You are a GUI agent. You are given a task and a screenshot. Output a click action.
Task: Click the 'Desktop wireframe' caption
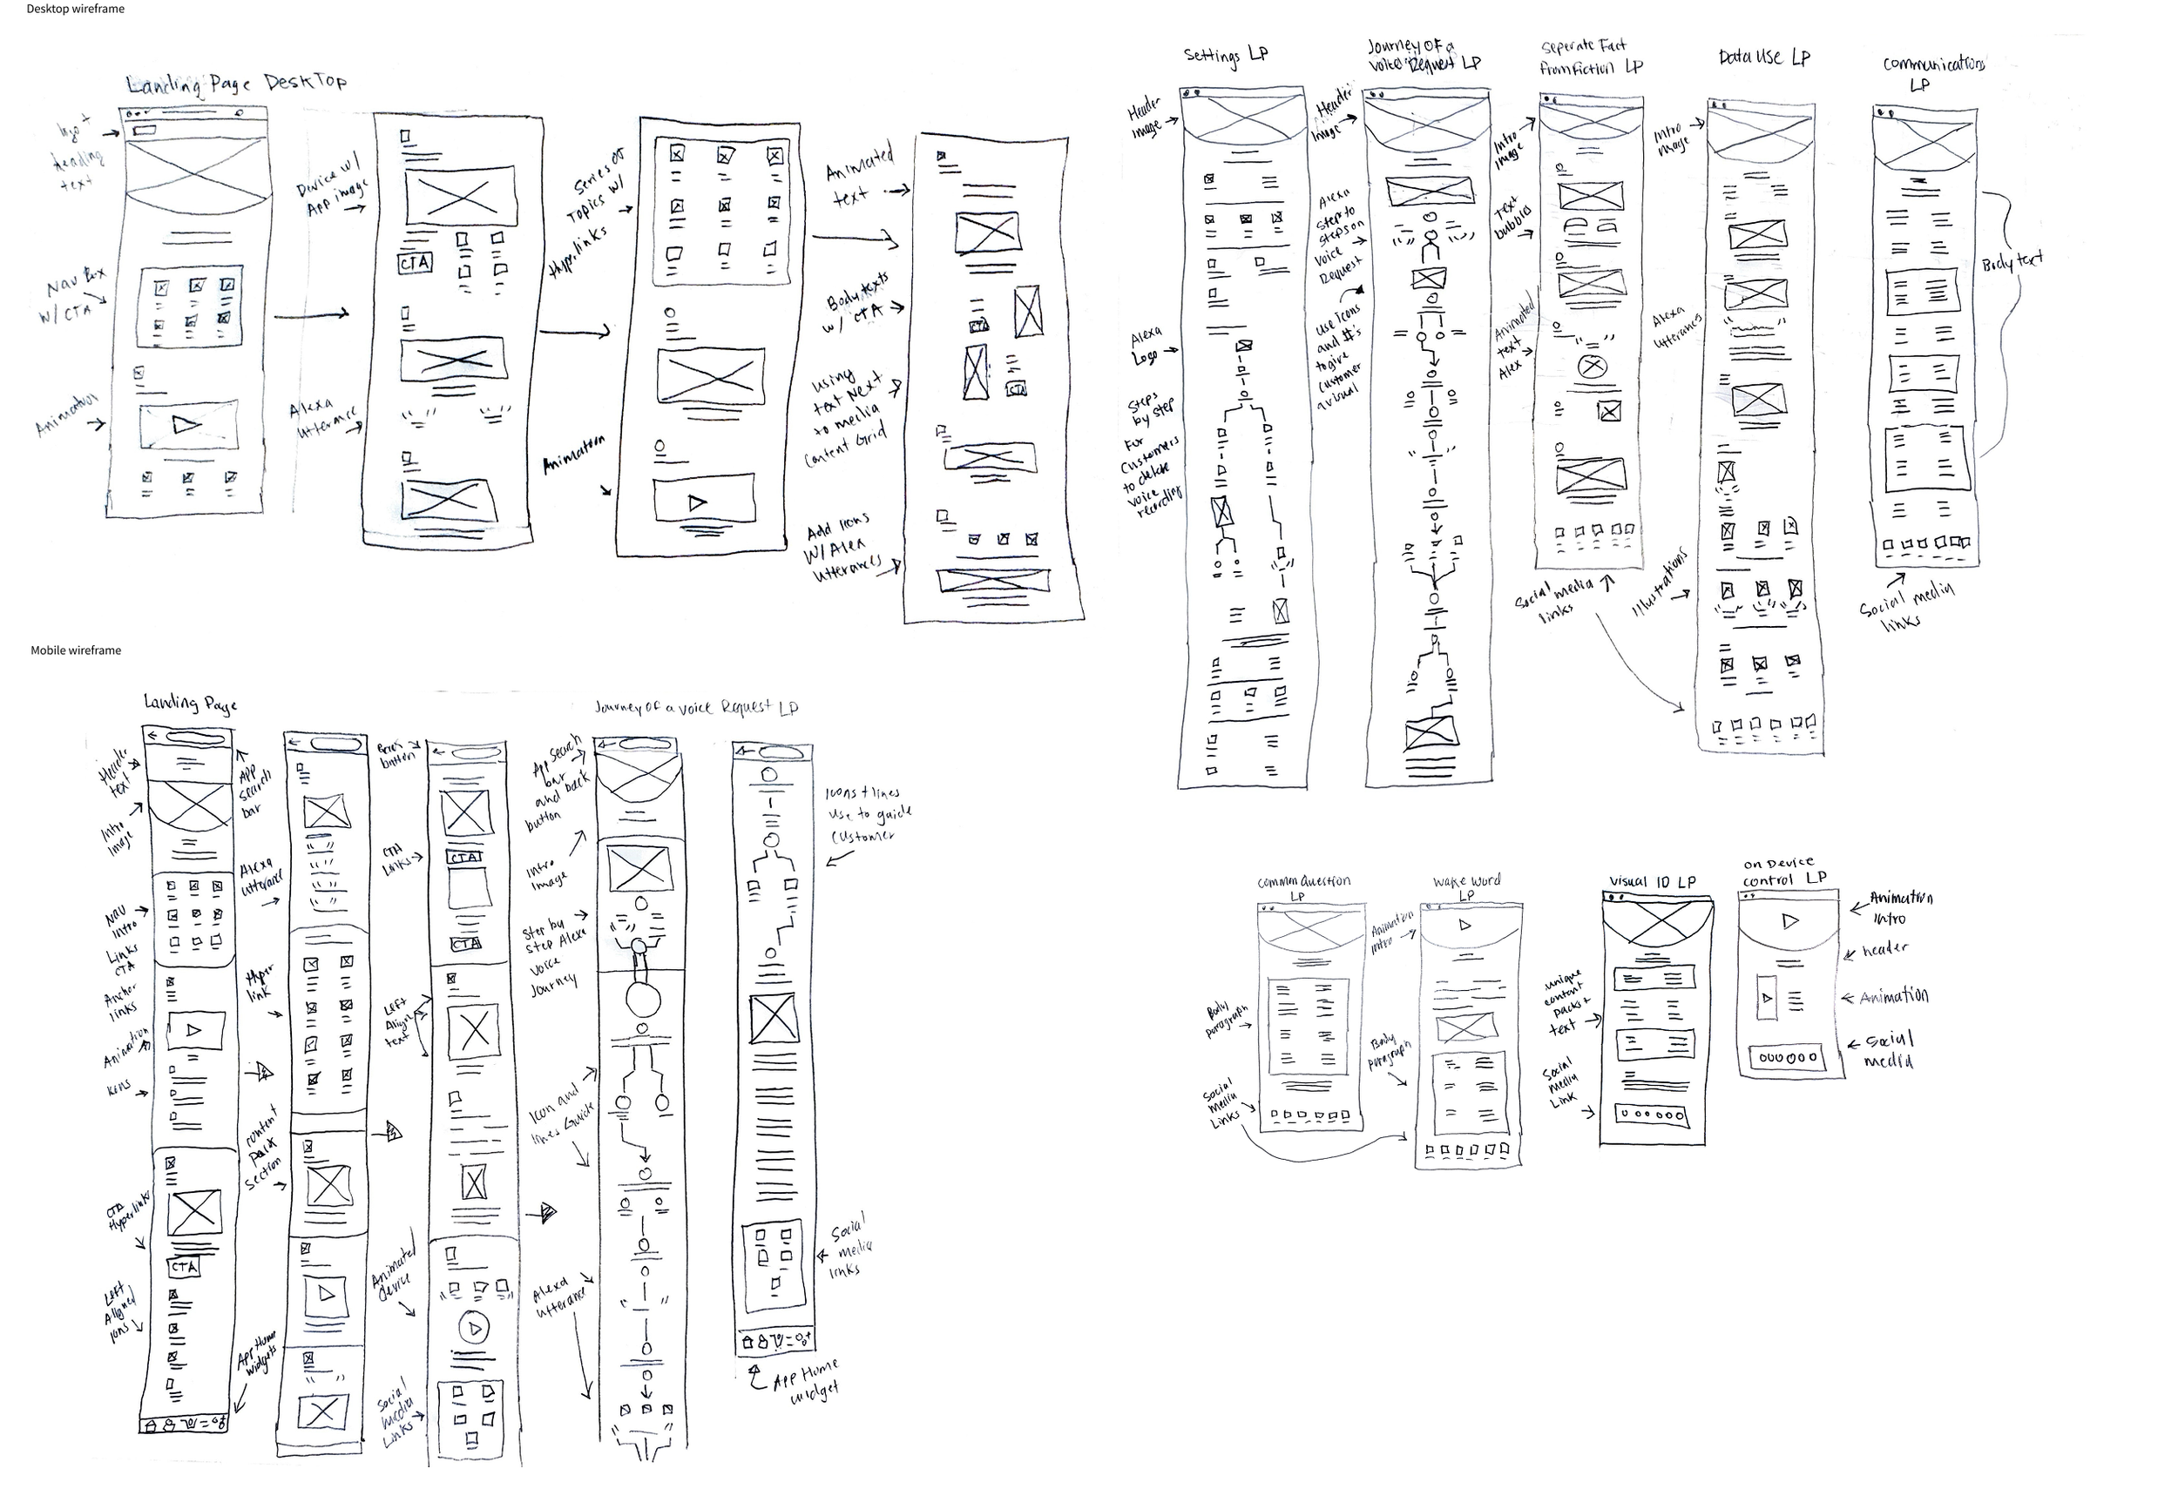75,10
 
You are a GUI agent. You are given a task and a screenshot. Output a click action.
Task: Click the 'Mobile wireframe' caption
76,650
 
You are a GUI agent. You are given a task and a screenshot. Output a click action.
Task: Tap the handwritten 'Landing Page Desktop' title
236,84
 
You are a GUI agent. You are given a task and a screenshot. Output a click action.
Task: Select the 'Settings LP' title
1225,56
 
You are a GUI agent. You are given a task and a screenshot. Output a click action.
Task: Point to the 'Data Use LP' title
1764,57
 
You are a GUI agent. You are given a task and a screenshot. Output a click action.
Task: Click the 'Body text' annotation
2012,261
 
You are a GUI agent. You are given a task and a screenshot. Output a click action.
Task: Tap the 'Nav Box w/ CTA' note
74,296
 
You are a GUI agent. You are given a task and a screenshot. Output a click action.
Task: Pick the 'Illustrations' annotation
1660,583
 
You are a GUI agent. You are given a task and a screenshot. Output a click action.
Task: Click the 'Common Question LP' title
1302,886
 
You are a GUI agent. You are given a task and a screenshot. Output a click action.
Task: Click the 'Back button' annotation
396,753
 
